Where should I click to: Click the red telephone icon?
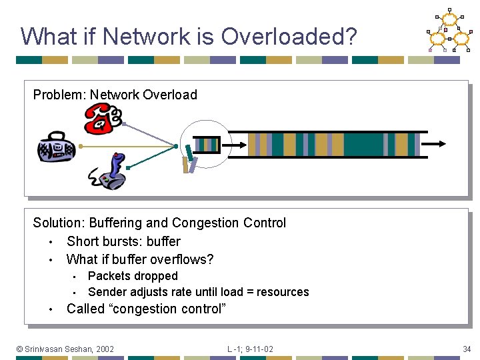[103, 120]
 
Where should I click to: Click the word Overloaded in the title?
[289, 36]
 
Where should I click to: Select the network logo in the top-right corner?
[448, 31]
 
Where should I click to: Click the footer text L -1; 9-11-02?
[250, 349]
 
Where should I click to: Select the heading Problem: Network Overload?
[115, 95]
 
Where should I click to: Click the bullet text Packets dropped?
[133, 276]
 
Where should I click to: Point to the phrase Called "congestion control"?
[146, 309]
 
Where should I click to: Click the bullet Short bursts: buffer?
[123, 241]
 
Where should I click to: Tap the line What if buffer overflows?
[140, 259]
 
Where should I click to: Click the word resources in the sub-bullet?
[283, 292]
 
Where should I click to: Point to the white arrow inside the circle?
[237, 144]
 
